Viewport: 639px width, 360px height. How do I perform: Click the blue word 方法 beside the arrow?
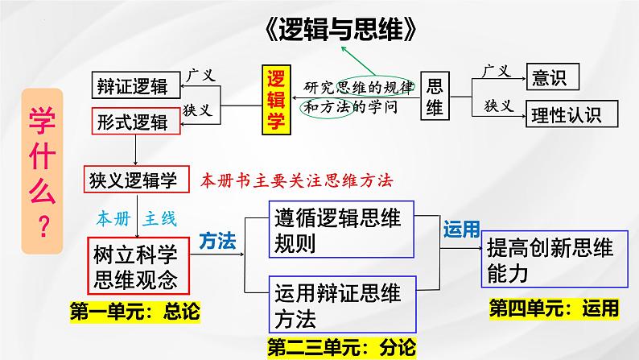(x=216, y=239)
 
